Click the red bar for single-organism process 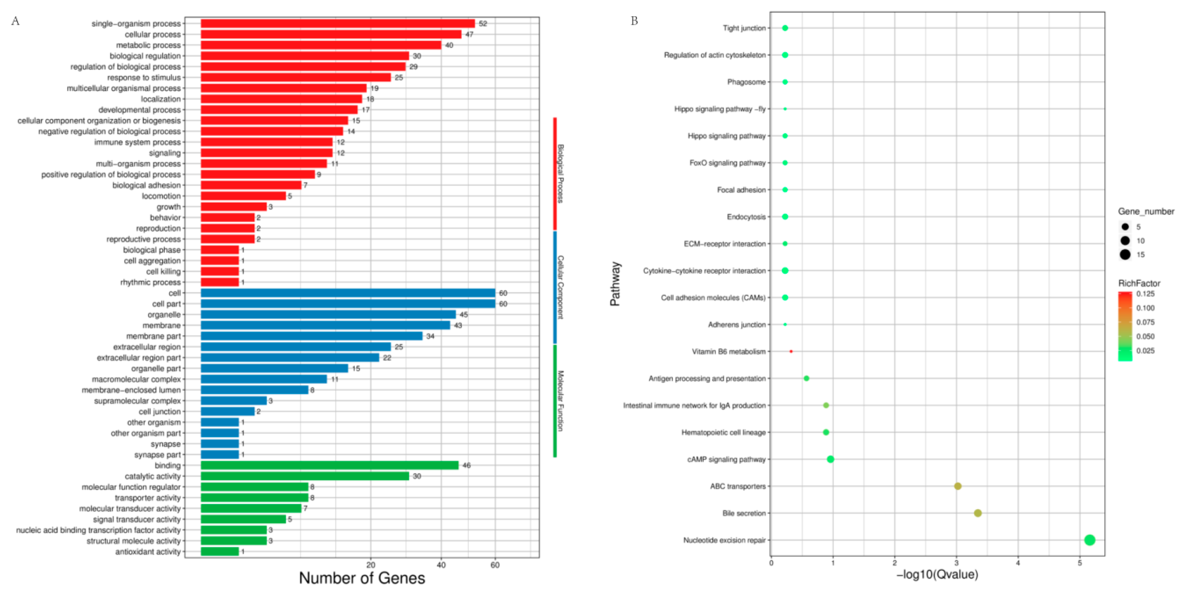(x=338, y=23)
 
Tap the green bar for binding (x=329, y=466)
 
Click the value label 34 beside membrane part (x=430, y=336)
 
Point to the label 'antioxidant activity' (x=148, y=552)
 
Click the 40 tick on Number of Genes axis (x=441, y=565)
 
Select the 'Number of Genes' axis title (x=362, y=578)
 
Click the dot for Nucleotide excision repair (x=1089, y=540)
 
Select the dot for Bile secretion (x=978, y=513)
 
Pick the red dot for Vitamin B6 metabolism (x=791, y=351)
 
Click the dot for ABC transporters (x=958, y=486)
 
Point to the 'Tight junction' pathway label (x=744, y=28)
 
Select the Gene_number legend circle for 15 (x=1125, y=255)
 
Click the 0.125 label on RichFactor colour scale (x=1145, y=294)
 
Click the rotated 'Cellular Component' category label (x=560, y=287)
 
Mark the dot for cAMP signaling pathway (x=830, y=459)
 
